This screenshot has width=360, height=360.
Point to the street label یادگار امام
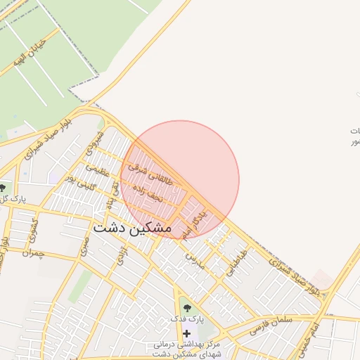click(x=194, y=224)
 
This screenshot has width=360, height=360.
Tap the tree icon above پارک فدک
click(x=186, y=307)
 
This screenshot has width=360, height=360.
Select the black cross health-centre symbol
click(x=186, y=333)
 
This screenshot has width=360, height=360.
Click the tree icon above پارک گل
click(x=4, y=187)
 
